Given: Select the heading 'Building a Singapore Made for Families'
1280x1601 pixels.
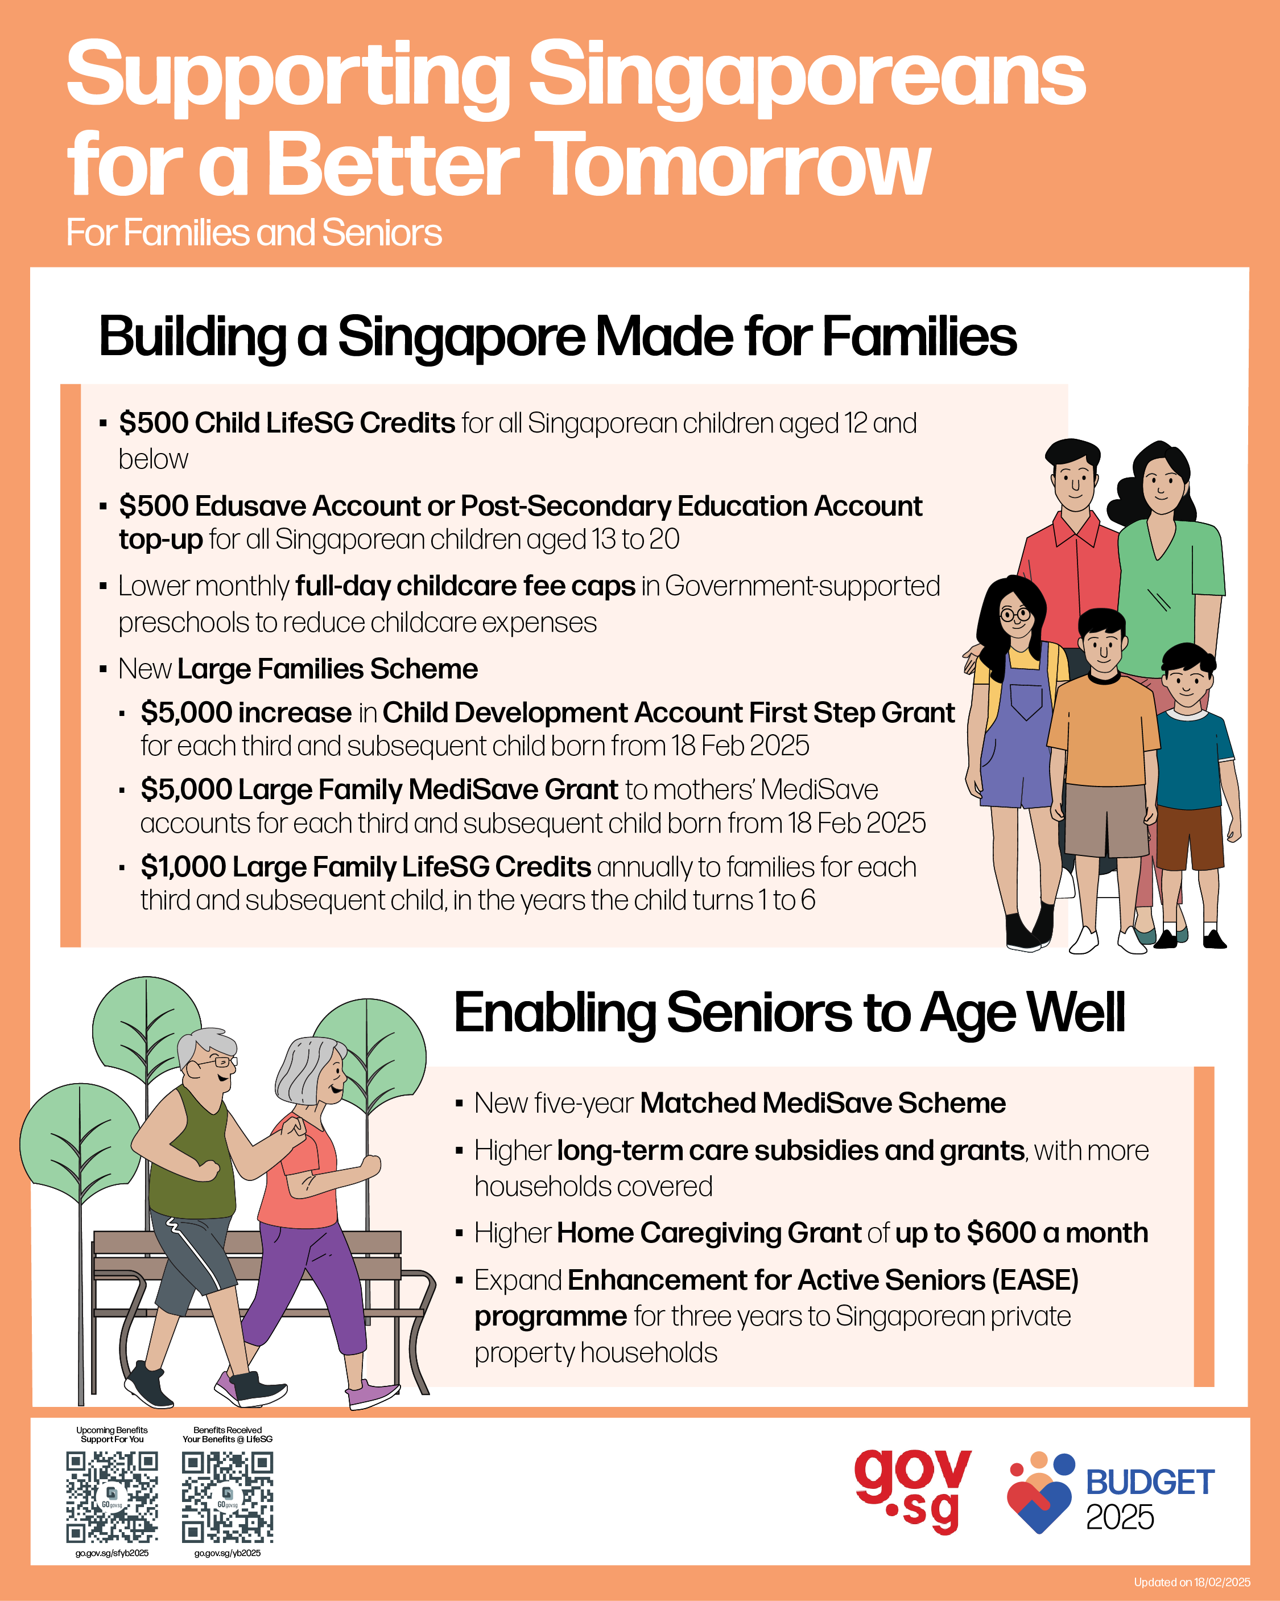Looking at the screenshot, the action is point(558,337).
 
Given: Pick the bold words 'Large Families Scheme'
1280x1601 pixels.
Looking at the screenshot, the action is point(328,669).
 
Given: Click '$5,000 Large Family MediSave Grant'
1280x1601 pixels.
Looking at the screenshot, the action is point(379,789).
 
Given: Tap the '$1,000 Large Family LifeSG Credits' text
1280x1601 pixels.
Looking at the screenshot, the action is point(366,867).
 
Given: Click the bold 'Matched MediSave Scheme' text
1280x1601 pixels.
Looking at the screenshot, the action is point(823,1103).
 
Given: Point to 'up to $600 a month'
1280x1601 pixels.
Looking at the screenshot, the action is point(1022,1233).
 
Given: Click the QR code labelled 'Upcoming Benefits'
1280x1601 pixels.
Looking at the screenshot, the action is point(112,1497).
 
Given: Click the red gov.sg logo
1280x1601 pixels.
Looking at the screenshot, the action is point(912,1491).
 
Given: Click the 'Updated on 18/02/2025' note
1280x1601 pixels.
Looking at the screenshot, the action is point(1192,1582).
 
